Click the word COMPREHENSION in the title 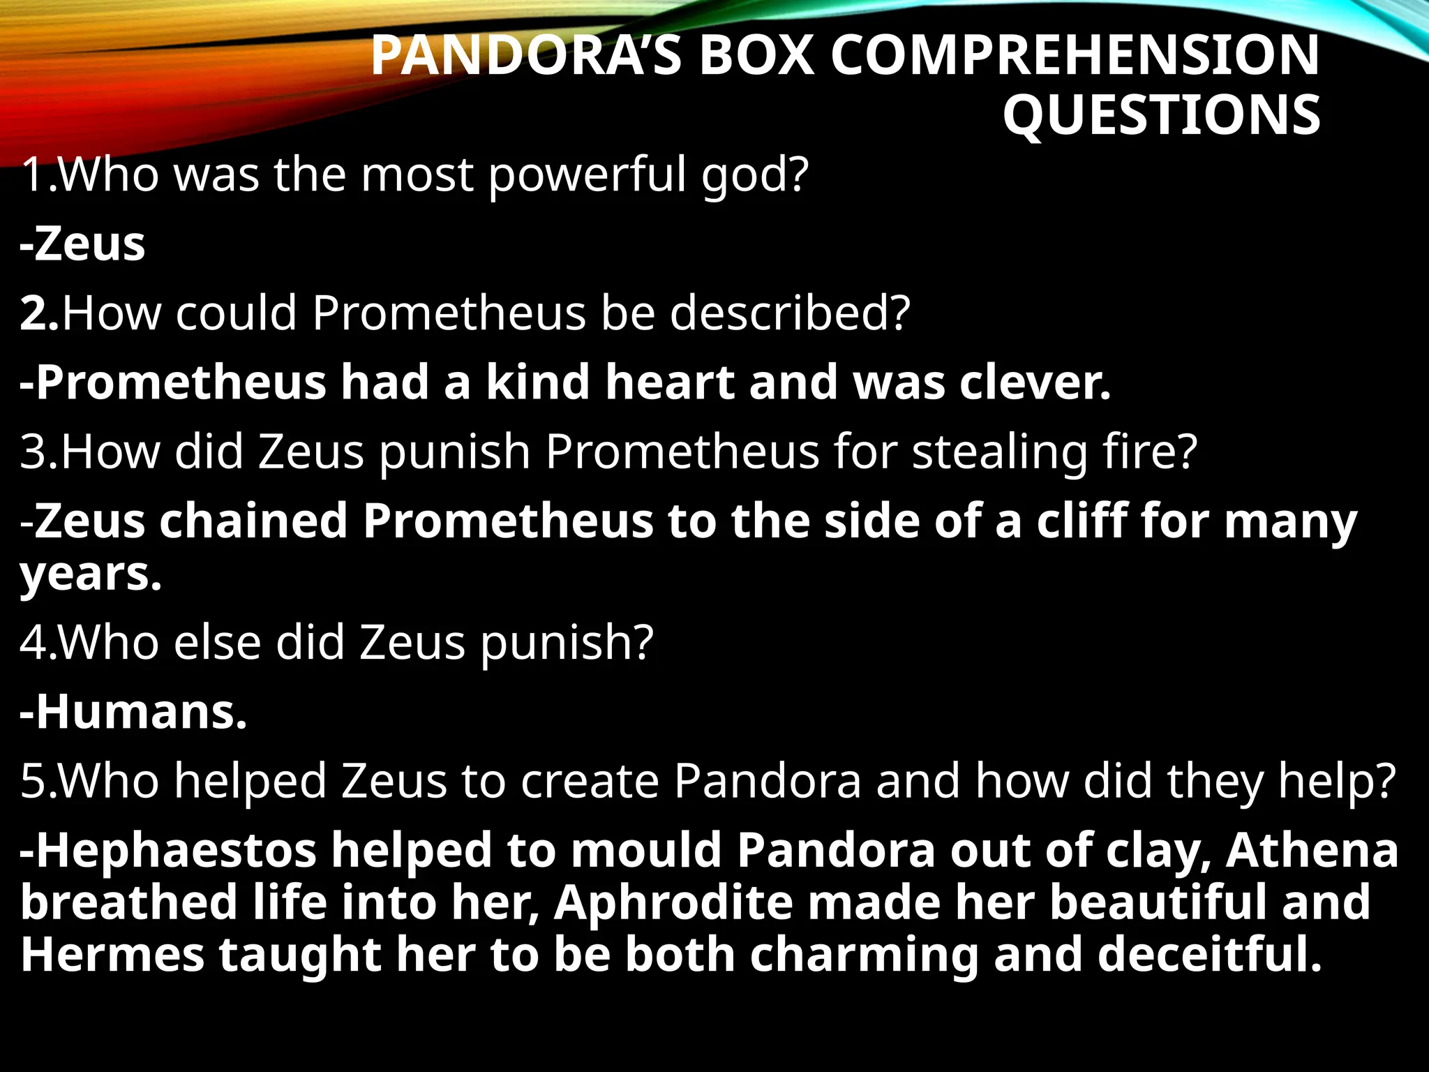(x=1075, y=56)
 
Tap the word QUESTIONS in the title (x=1161, y=115)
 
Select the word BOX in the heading (x=756, y=56)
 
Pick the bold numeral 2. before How (x=39, y=313)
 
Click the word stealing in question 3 (x=1000, y=453)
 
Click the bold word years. (x=91, y=575)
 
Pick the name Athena (x=1312, y=850)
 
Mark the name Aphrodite (x=673, y=902)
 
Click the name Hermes (x=112, y=955)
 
